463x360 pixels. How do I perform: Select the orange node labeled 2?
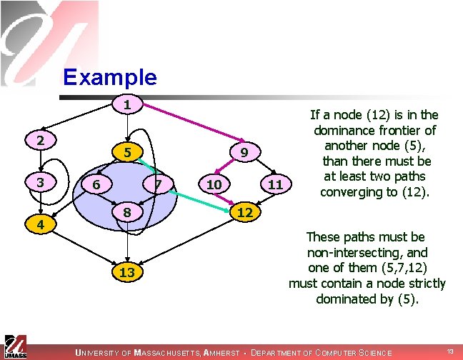[41, 140]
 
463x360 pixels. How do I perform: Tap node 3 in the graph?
[41, 182]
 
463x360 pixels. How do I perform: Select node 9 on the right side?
[244, 151]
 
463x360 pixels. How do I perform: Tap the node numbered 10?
[213, 184]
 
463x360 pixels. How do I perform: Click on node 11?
[276, 184]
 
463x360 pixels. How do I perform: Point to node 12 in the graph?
[244, 213]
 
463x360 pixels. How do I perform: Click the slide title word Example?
[109, 76]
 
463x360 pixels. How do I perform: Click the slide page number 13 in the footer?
[449, 351]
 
